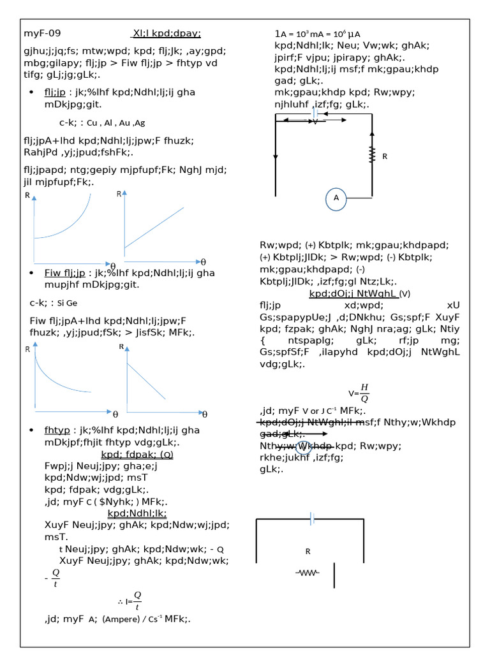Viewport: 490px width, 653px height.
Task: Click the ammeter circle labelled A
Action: click(x=336, y=198)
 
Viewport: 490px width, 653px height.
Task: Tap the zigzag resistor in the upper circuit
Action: click(x=371, y=155)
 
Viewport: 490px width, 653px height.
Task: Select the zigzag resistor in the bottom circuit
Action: click(x=308, y=573)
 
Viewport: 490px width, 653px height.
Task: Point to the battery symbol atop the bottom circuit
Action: click(x=313, y=519)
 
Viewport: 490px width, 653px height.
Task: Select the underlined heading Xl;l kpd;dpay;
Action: click(x=166, y=34)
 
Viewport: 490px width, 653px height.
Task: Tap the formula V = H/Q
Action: click(x=359, y=393)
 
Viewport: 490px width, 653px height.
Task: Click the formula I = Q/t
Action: click(x=130, y=599)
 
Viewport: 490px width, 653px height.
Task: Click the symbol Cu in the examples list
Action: click(x=93, y=122)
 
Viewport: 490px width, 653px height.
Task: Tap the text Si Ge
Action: click(x=67, y=303)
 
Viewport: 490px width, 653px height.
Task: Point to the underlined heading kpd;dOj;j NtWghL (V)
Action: click(x=359, y=294)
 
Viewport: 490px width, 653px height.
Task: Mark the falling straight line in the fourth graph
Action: click(x=151, y=386)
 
